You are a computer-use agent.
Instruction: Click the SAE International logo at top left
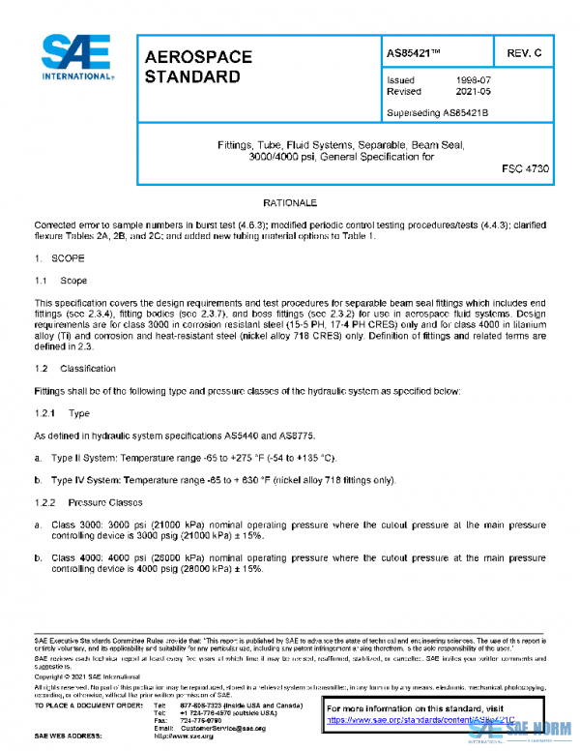[x=76, y=57]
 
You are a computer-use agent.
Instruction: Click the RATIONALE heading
[x=290, y=205]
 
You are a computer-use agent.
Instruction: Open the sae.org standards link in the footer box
[x=416, y=720]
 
